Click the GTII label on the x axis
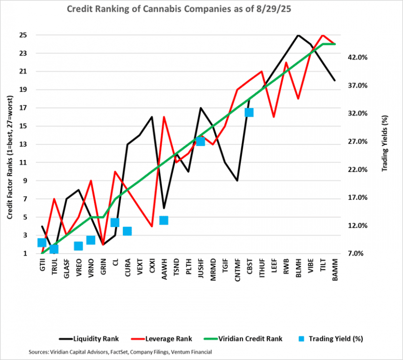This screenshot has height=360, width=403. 42,266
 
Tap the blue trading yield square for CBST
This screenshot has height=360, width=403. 249,112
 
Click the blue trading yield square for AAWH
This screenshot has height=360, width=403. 164,220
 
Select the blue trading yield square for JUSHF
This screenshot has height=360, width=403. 200,141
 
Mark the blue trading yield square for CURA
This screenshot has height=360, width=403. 127,231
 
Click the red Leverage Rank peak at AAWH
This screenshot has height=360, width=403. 164,117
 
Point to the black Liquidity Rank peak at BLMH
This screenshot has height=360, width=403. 298,35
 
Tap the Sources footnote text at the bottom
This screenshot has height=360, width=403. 121,351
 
